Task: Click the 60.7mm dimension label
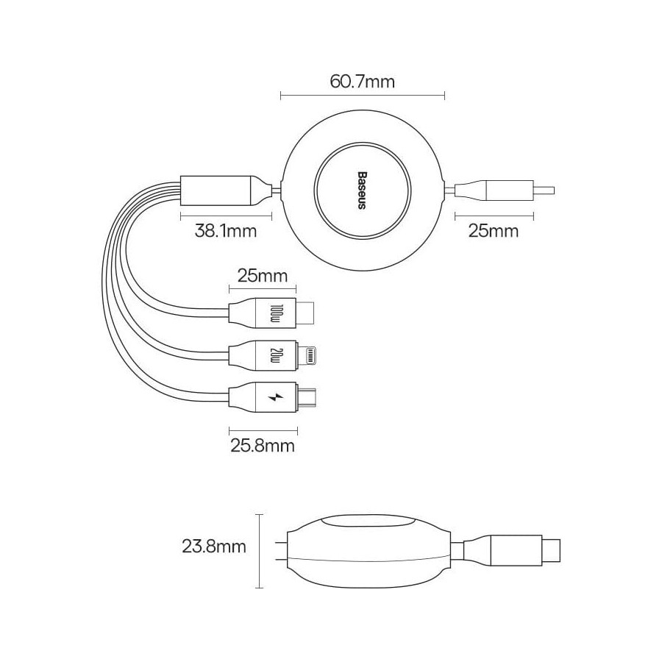[x=362, y=81]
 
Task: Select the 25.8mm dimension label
[x=263, y=446]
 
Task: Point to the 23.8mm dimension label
[x=214, y=547]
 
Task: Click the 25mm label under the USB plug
[x=494, y=231]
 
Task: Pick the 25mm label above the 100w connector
[x=263, y=276]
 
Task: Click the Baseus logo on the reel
[x=362, y=191]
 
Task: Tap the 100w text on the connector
[x=277, y=313]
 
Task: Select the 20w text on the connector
[x=277, y=355]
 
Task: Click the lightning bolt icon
[x=276, y=397]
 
